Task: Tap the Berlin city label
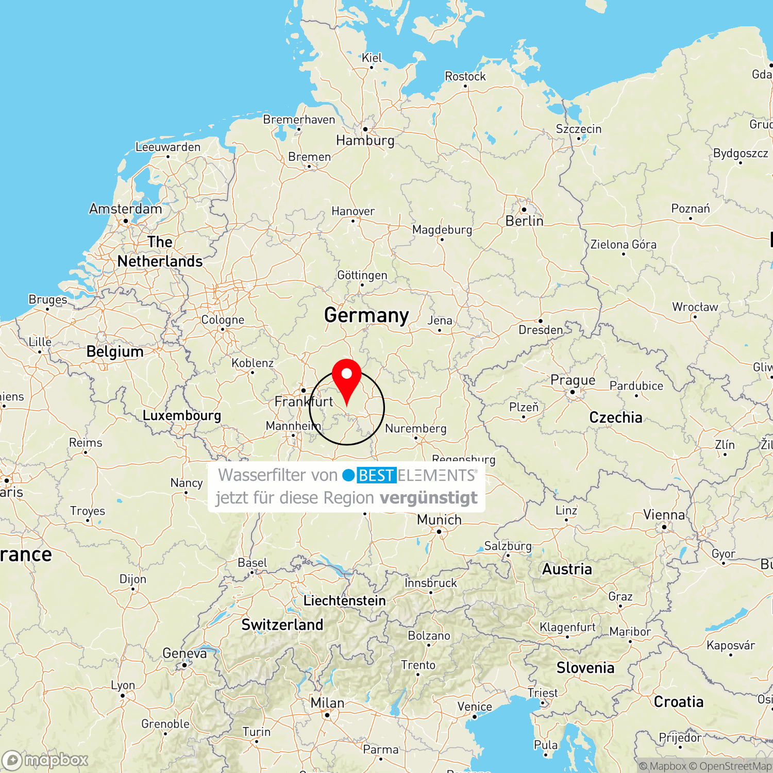[x=524, y=221]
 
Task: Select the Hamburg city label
[x=365, y=140]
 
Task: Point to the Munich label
[x=439, y=519]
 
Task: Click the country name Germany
[x=366, y=315]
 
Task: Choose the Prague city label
[x=573, y=380]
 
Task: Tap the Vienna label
[x=664, y=515]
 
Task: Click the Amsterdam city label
[x=126, y=209]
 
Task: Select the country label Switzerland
[x=282, y=625]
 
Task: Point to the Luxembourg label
[x=181, y=415]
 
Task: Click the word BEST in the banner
[x=376, y=475]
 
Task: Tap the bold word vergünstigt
[x=429, y=498]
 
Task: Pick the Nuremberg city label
[x=415, y=428]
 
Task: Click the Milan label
[x=327, y=703]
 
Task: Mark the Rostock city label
[x=465, y=76]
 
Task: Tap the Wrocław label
[x=695, y=307]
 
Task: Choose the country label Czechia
[x=616, y=417]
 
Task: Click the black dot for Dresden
[x=540, y=321]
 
